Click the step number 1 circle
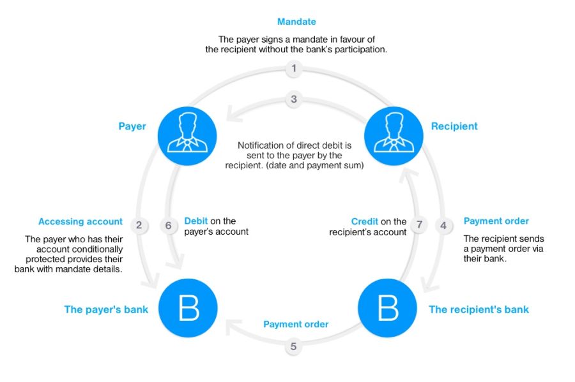point(293,68)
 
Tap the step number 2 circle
point(139,224)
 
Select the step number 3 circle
point(293,99)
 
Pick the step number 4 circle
point(443,224)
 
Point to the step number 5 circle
point(293,347)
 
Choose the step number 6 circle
point(169,224)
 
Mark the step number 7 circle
point(419,224)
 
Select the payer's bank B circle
point(188,309)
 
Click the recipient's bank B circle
point(388,309)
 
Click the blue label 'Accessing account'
point(80,221)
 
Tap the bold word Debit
point(196,221)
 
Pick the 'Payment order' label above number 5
point(296,324)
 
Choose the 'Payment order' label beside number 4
point(496,221)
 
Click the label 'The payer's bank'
point(106,309)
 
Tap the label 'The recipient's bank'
point(479,309)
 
